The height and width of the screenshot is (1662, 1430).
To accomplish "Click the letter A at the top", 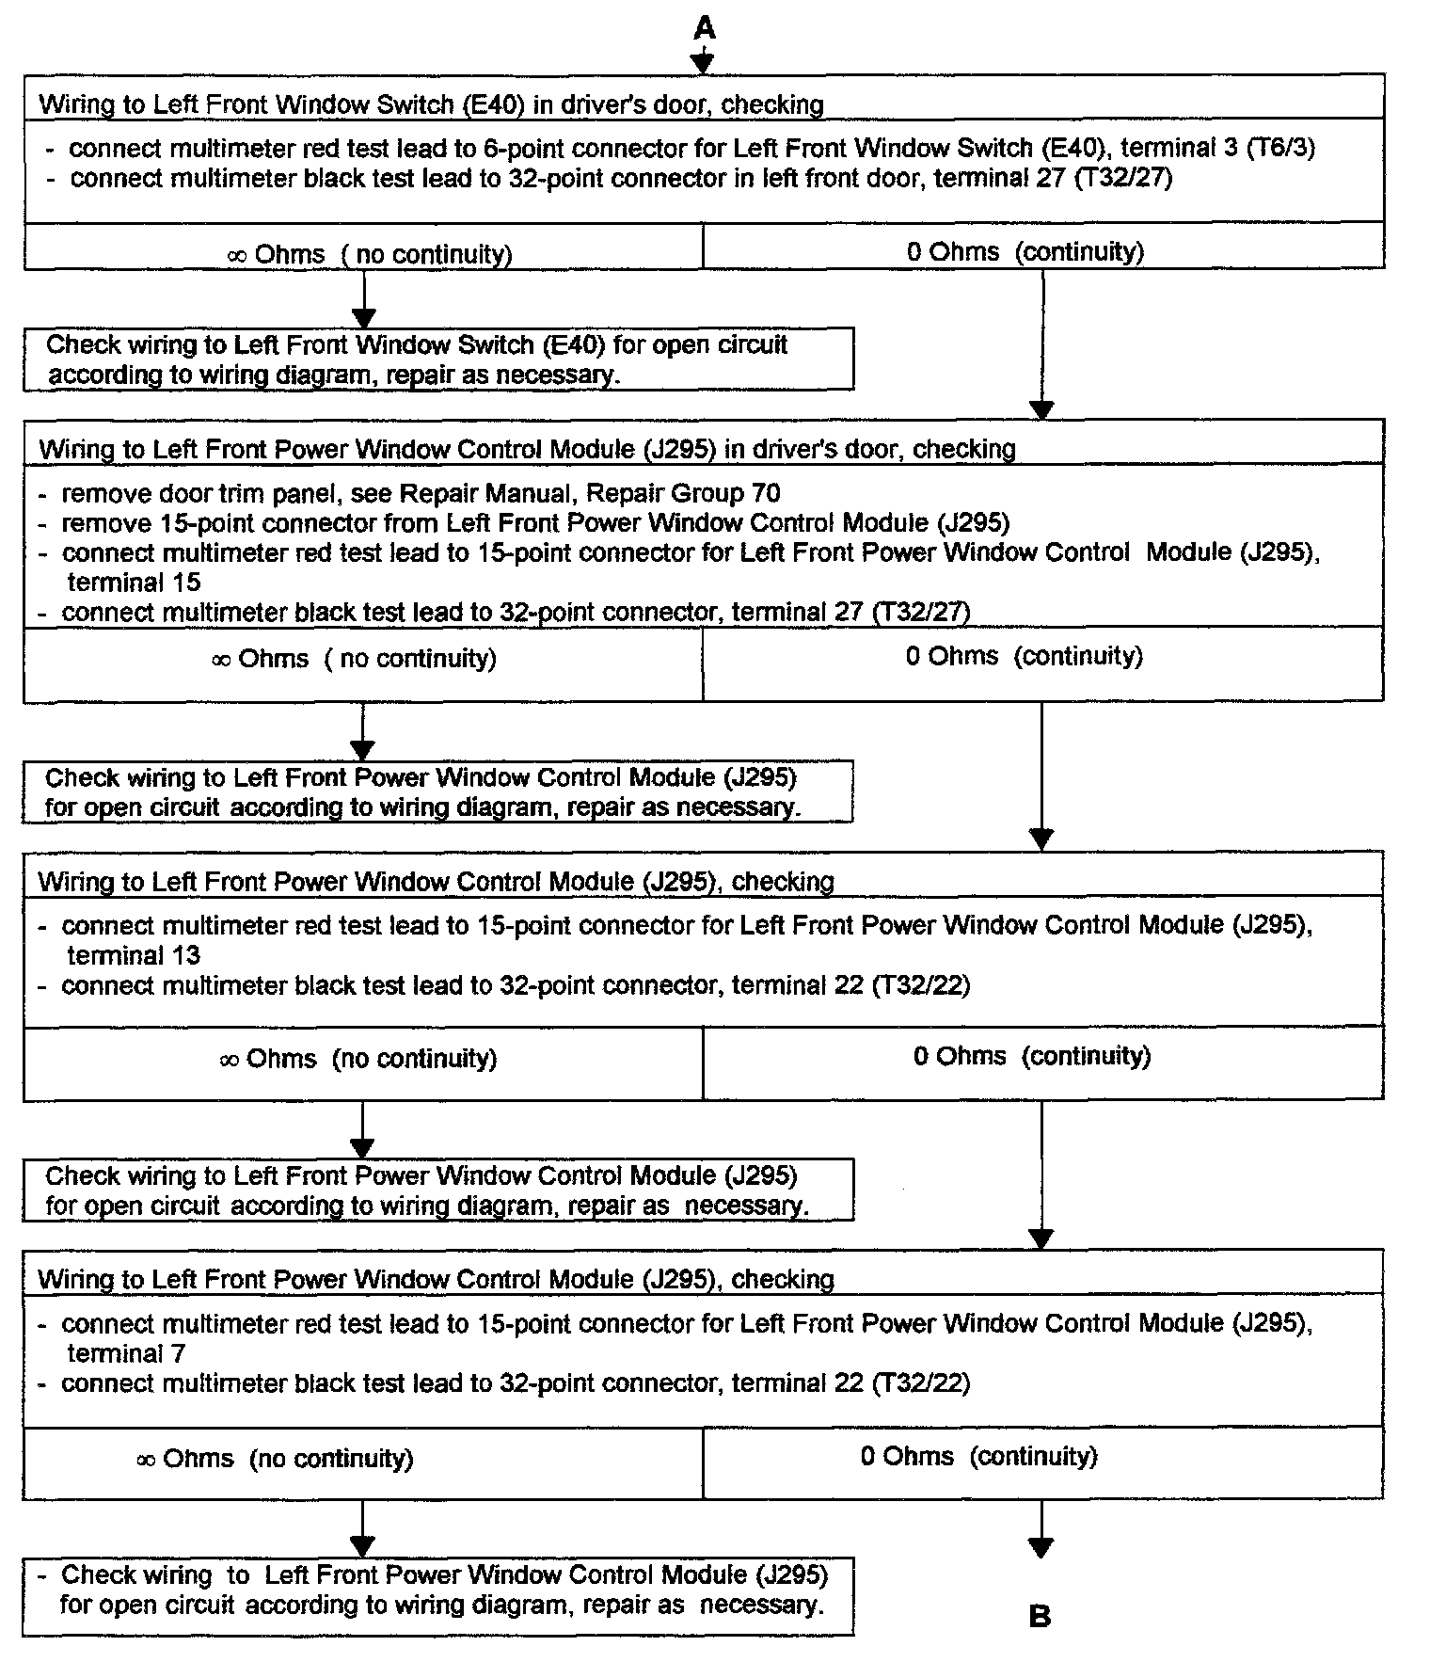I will [704, 28].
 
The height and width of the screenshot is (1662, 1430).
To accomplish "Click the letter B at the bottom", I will [1040, 1617].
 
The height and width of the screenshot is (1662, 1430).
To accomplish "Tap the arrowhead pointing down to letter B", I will [1041, 1547].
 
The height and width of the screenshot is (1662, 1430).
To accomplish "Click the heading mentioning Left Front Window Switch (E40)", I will [431, 104].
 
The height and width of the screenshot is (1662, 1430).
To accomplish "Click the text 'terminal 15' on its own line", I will [134, 582].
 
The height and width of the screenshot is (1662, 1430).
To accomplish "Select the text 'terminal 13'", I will [134, 955].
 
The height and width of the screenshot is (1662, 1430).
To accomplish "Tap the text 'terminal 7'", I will [126, 1353].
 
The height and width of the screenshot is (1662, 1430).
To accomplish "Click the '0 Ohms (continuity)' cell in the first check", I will [1025, 252].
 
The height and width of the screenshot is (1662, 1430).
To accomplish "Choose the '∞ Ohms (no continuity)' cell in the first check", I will [370, 254].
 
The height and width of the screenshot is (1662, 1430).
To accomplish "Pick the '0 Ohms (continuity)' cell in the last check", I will [979, 1456].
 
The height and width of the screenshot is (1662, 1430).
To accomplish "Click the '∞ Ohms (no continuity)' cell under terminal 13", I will [358, 1059].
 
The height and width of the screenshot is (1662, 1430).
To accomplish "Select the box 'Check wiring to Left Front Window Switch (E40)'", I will [438, 359].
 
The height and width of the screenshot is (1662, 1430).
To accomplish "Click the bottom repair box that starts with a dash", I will [438, 1590].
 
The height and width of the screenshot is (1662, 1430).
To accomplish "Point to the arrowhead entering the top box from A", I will [703, 63].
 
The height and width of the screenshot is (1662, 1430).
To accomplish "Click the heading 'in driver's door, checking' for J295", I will [527, 449].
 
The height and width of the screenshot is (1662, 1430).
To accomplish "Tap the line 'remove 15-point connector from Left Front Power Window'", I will [535, 522].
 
